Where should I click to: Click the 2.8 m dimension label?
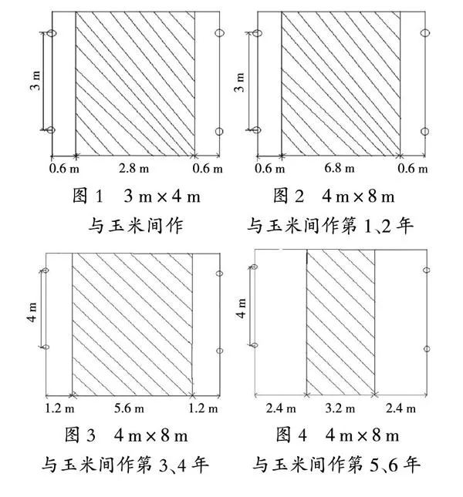click(134, 168)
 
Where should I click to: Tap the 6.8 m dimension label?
click(340, 168)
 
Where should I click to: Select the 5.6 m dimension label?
click(129, 408)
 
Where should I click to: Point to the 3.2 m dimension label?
click(340, 408)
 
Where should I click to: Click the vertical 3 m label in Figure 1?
click(35, 81)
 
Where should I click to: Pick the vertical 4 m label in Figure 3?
click(32, 312)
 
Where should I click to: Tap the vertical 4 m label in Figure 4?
click(241, 308)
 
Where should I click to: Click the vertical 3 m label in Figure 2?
click(240, 82)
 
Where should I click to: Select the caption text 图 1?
click(88, 196)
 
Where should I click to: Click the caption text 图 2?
click(289, 196)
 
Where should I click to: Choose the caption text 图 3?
click(80, 435)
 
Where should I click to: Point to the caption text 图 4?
click(292, 435)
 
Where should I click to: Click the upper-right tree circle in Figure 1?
click(219, 32)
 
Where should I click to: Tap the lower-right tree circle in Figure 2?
click(425, 131)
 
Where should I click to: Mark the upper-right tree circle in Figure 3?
click(219, 274)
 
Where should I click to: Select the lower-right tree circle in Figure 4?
click(427, 348)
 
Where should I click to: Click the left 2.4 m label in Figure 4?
click(281, 408)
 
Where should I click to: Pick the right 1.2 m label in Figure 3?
click(203, 408)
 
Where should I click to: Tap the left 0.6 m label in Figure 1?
click(64, 168)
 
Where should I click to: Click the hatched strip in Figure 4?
click(340, 322)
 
